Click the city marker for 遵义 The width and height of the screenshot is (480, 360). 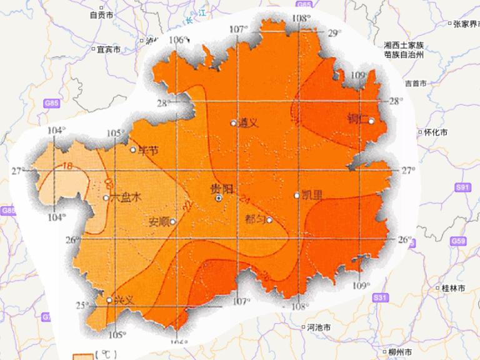coord(233,123)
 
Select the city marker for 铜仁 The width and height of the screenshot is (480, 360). coord(371,121)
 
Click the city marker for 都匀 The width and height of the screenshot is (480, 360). coord(269,219)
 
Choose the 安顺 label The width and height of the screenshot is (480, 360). coord(159,221)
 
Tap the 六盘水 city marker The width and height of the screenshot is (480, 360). coord(106,198)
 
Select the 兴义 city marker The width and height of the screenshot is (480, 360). coord(109,301)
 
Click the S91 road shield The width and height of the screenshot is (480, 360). coord(462,187)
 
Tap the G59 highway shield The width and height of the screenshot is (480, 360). coord(458,240)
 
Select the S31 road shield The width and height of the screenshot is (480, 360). coord(381,299)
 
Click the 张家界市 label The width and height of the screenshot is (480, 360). coord(466,24)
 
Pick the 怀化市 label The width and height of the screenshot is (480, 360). coord(434,132)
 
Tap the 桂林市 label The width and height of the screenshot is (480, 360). coord(452,289)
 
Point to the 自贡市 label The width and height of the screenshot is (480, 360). coord(101,14)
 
